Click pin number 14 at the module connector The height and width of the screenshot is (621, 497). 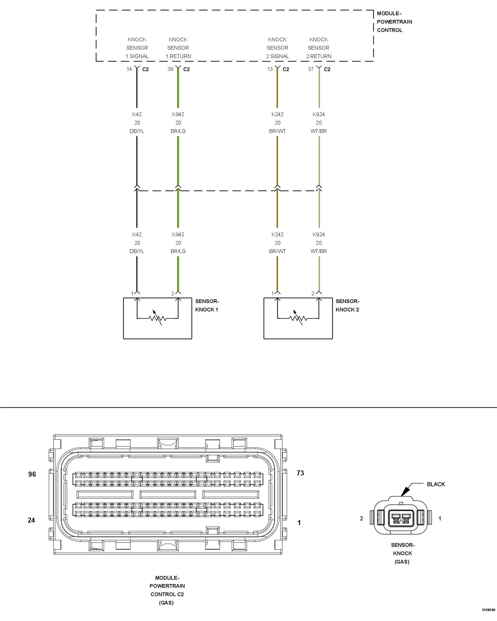(129, 69)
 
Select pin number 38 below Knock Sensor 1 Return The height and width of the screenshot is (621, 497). (171, 69)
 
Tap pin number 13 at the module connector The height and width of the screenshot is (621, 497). (270, 69)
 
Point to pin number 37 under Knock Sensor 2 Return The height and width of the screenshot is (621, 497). (311, 69)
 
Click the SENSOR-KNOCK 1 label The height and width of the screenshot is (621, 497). (207, 305)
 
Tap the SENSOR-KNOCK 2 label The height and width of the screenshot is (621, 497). (348, 305)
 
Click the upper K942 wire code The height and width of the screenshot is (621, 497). (178, 114)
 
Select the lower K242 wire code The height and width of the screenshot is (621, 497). (277, 234)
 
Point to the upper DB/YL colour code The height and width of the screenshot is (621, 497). (137, 131)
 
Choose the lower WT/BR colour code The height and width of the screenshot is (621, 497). (318, 251)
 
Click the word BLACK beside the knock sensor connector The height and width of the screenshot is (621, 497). (436, 484)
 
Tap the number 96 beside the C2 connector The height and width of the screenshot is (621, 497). (32, 474)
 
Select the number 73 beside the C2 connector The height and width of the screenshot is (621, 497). (300, 473)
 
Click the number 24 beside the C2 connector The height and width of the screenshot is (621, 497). (31, 520)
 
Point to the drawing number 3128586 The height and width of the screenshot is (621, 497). (488, 610)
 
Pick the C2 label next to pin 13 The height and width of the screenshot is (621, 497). (286, 69)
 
